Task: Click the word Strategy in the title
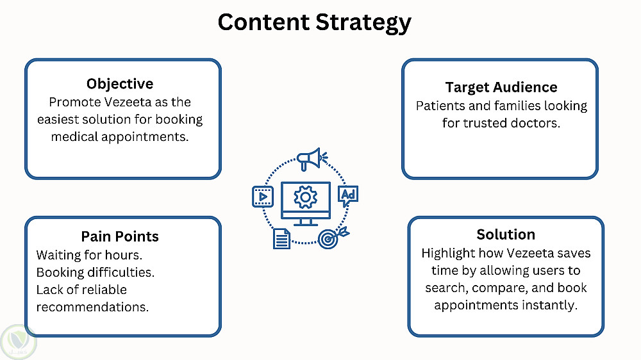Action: click(363, 23)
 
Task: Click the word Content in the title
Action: click(263, 22)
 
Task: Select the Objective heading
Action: click(120, 84)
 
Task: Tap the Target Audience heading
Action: click(501, 88)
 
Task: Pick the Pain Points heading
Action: click(120, 236)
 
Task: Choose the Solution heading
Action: click(506, 234)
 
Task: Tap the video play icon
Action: click(263, 197)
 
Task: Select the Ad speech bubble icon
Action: click(348, 196)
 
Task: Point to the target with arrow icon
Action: click(332, 238)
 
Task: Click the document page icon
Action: click(281, 239)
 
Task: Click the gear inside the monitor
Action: click(305, 197)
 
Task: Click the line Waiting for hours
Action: click(89, 256)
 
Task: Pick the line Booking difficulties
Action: click(96, 272)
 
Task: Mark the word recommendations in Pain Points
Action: click(92, 307)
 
